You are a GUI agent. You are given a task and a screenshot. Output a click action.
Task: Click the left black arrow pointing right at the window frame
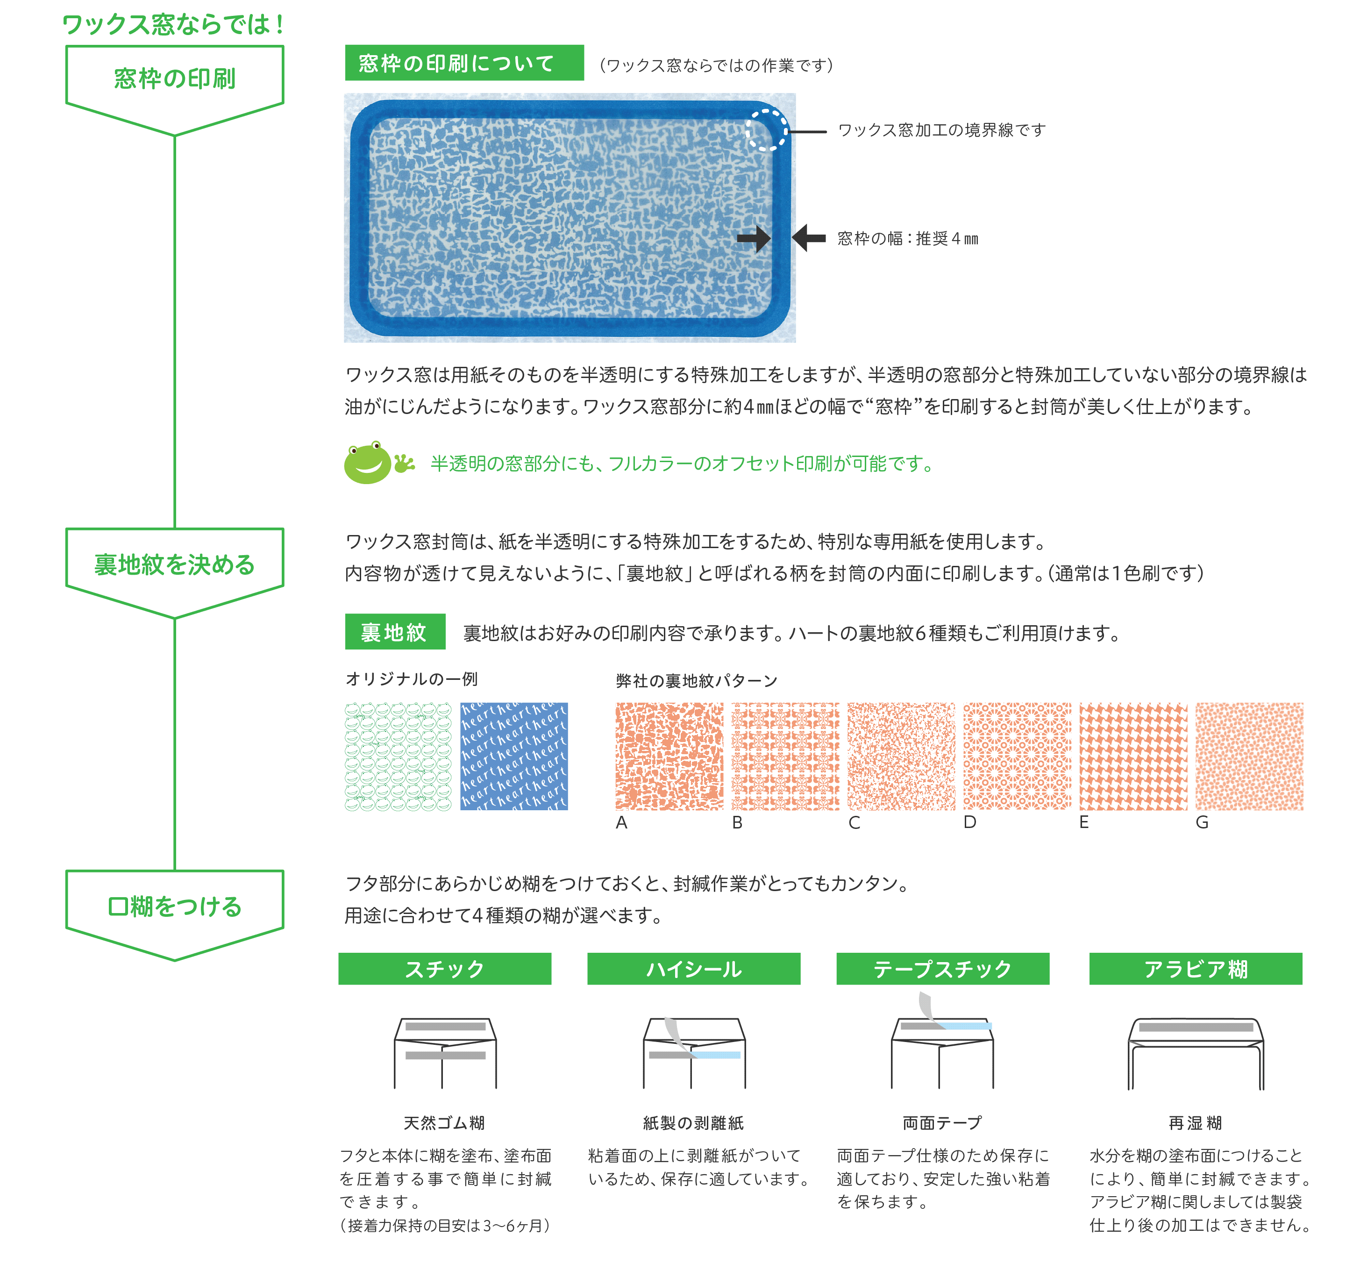(754, 238)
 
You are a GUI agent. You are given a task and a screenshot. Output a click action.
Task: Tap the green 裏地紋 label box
(395, 632)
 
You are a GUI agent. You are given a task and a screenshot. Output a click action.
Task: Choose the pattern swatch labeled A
(669, 756)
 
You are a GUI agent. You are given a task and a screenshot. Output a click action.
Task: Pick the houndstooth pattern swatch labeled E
(1133, 756)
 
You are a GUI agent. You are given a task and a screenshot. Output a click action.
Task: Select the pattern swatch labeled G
(1249, 756)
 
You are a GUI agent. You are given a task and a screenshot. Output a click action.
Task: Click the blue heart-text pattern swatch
(514, 756)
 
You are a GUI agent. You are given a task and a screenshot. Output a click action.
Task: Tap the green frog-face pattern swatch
(398, 756)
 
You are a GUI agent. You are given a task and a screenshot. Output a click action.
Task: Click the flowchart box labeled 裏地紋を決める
(175, 572)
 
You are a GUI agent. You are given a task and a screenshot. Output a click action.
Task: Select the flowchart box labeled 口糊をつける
(175, 915)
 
